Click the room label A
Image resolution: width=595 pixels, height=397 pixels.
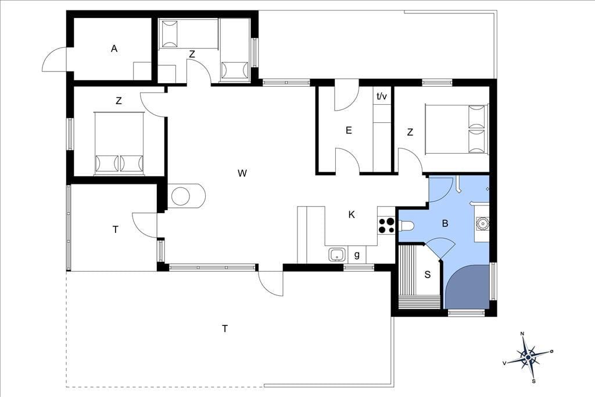114,49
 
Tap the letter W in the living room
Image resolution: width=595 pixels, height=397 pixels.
242,173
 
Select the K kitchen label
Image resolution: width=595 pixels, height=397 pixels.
352,215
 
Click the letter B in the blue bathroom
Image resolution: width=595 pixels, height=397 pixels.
445,223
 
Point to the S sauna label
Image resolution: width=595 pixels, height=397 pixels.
428,275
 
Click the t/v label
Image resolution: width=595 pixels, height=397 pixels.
382,96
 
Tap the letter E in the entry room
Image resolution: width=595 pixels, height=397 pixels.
349,130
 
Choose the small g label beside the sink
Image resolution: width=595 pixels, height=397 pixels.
357,255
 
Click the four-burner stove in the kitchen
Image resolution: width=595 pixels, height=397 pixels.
386,225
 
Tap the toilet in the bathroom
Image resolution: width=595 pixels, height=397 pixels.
406,226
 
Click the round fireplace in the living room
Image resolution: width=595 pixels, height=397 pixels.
181,196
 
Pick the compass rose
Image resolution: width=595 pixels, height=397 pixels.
528,357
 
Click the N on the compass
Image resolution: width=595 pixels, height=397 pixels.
522,334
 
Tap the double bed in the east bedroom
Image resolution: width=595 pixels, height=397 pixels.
457,129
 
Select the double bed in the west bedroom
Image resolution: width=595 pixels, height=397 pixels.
119,143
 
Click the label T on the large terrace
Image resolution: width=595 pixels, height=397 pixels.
225,328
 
